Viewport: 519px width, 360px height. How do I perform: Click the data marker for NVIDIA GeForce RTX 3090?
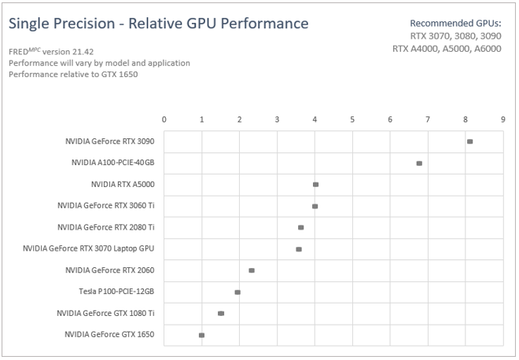pyautogui.click(x=469, y=141)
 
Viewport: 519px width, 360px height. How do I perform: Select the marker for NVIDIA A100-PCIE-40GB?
pyautogui.click(x=419, y=163)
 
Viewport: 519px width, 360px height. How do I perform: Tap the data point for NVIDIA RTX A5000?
pyautogui.click(x=315, y=185)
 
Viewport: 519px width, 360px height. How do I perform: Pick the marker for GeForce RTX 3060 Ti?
pyautogui.click(x=315, y=206)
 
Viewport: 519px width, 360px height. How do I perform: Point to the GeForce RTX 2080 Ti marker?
pyautogui.click(x=300, y=227)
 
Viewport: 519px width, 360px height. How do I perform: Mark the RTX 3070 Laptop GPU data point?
pyautogui.click(x=299, y=249)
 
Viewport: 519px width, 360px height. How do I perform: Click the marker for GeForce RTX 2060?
pyautogui.click(x=252, y=270)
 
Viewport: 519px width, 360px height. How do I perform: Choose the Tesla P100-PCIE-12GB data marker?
pyautogui.click(x=237, y=292)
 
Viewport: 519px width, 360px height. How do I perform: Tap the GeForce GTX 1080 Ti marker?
pyautogui.click(x=221, y=314)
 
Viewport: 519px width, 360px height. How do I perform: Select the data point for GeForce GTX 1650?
pyautogui.click(x=202, y=335)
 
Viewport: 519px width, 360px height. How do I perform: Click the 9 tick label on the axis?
pyautogui.click(x=502, y=119)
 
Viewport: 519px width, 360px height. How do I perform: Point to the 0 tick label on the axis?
pyautogui.click(x=164, y=119)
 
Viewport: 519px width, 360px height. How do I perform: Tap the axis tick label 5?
pyautogui.click(x=352, y=119)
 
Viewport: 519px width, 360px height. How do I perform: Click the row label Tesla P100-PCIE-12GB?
pyautogui.click(x=116, y=292)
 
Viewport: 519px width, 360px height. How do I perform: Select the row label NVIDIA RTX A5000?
pyautogui.click(x=123, y=185)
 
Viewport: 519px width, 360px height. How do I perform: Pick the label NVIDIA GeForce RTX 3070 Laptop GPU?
pyautogui.click(x=89, y=249)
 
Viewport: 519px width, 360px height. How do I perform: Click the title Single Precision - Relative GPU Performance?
pyautogui.click(x=158, y=24)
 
